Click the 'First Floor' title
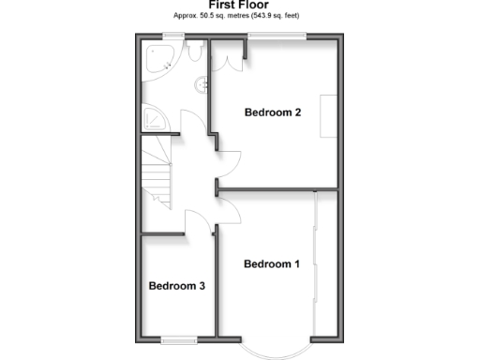(x=239, y=6)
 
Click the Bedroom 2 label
(x=272, y=113)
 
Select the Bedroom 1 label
(x=271, y=264)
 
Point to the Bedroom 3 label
(x=176, y=286)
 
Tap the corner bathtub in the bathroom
(x=159, y=58)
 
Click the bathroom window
(x=171, y=37)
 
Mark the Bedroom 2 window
(x=277, y=37)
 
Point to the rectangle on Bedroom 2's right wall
(x=328, y=116)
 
